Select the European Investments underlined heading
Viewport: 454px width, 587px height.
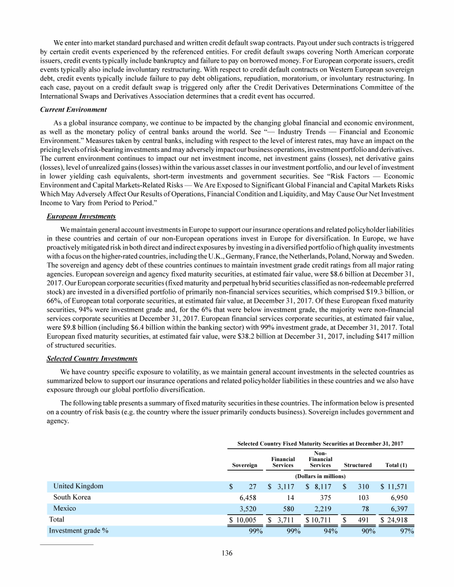pyautogui.click(x=81, y=217)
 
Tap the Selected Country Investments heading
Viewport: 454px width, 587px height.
pyautogui.click(x=91, y=359)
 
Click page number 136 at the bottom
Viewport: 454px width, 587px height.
pyautogui.click(x=226, y=553)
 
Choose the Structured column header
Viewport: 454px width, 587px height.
pyautogui.click(x=357, y=466)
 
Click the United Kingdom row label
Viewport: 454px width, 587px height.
pyautogui.click(x=78, y=487)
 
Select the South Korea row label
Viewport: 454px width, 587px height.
pyautogui.click(x=72, y=498)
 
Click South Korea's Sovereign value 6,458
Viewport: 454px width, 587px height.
pyautogui.click(x=250, y=498)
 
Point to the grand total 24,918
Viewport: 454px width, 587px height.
pyautogui.click(x=402, y=520)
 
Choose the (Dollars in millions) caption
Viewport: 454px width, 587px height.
pyautogui.click(x=320, y=476)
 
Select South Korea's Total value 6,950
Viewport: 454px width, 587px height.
pyautogui.click(x=404, y=498)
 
